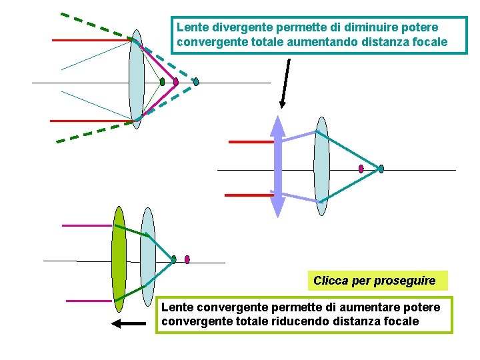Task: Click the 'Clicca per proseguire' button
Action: (x=374, y=281)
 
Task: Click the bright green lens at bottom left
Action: (x=119, y=259)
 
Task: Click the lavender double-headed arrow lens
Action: (x=278, y=167)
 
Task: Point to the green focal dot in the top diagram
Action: (x=162, y=82)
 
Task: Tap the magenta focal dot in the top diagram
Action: (x=176, y=82)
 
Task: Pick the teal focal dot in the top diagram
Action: (x=196, y=82)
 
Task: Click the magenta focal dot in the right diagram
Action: (x=361, y=169)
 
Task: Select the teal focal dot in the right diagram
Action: (x=381, y=169)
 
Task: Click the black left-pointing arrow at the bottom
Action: (x=128, y=324)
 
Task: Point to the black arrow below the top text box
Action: (x=285, y=83)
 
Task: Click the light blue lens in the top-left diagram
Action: (x=136, y=79)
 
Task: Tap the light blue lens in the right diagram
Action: (x=322, y=166)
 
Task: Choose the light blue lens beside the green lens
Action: (x=148, y=257)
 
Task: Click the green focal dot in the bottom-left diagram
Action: (x=173, y=259)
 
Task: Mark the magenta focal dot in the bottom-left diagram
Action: (x=187, y=259)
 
